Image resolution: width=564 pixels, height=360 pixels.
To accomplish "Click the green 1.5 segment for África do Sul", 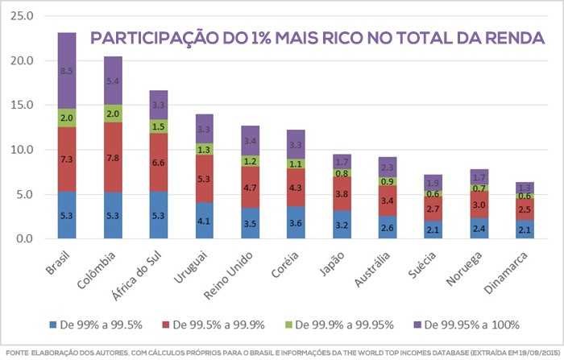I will [159, 126].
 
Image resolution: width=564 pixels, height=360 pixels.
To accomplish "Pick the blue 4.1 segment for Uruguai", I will [205, 220].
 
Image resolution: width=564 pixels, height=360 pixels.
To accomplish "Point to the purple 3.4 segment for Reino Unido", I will [251, 140].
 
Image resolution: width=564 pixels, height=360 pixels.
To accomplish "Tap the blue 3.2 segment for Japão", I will [342, 224].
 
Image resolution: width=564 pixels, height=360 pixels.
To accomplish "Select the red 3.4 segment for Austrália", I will [388, 200].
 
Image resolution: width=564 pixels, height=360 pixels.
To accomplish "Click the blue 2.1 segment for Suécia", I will [433, 230].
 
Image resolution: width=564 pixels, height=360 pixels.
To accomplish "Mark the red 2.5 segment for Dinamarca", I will [525, 209].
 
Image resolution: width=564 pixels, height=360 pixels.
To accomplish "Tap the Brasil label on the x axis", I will [58, 263].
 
